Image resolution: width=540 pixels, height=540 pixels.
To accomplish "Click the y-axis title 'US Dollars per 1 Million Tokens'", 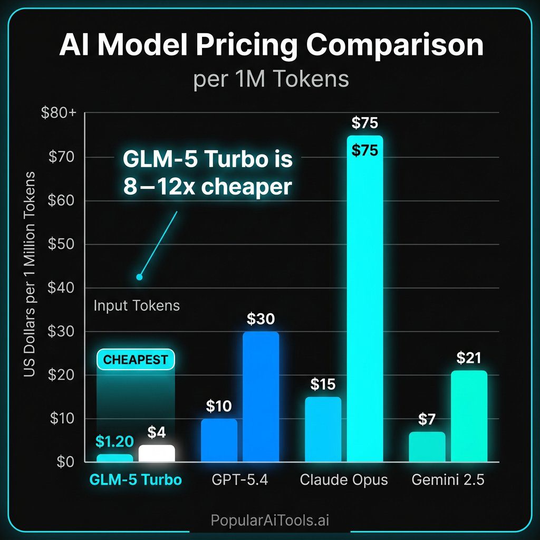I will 30,274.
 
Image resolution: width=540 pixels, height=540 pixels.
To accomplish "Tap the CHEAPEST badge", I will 136,360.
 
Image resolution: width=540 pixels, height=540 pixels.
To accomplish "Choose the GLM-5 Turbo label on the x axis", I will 136,480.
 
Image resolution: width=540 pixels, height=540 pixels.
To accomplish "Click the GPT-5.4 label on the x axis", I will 240,480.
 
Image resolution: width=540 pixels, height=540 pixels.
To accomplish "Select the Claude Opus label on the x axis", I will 343,480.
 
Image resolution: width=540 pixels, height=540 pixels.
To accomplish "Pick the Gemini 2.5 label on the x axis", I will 448,480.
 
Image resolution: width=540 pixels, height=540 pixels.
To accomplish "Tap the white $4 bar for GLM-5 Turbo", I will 157,454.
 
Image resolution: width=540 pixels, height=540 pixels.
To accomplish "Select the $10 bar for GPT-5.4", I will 219,440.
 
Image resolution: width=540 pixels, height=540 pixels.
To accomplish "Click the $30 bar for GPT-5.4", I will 261,397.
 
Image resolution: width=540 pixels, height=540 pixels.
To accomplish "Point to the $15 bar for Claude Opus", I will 323,429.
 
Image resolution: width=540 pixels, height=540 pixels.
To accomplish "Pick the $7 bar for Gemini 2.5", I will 427,447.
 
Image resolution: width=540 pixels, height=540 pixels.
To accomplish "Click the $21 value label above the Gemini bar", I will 468,359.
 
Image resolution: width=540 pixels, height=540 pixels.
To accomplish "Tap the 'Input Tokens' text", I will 137,305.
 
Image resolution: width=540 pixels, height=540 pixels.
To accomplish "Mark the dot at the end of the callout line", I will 139,277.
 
